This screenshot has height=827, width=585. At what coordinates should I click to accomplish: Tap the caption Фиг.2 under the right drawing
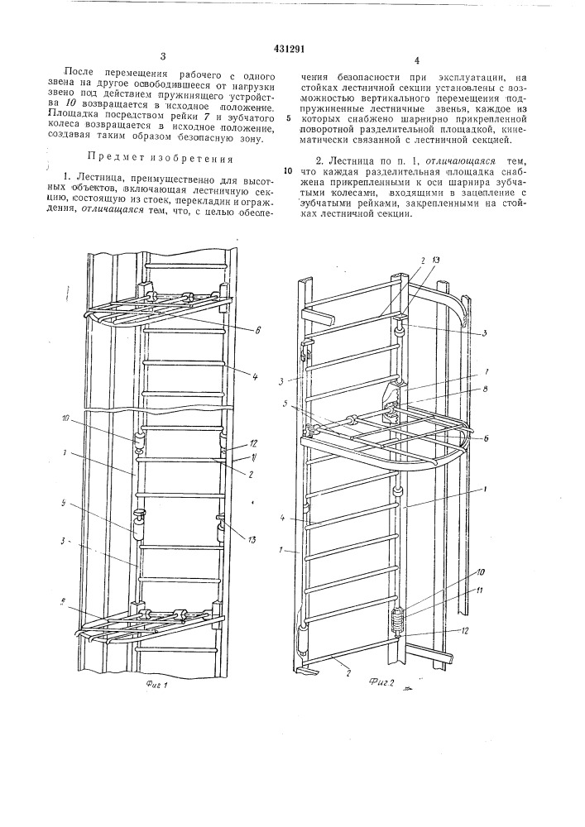tap(379, 680)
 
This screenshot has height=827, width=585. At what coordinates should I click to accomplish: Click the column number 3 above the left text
tap(163, 56)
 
